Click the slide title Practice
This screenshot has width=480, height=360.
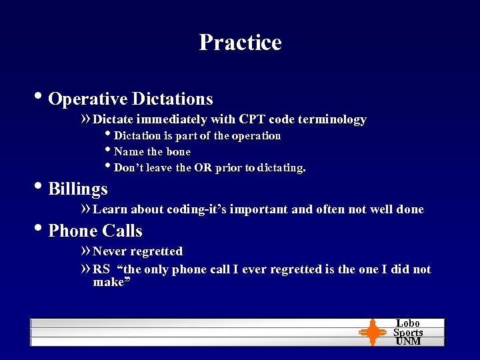click(240, 43)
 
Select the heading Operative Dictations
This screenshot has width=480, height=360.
click(131, 99)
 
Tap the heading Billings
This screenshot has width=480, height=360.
click(78, 189)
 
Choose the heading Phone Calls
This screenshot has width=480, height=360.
click(95, 231)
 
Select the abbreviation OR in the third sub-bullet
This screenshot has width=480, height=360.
click(203, 168)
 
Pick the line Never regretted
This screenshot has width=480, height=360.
click(137, 251)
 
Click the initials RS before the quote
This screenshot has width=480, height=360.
click(101, 269)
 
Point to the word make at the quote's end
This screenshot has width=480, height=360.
click(109, 282)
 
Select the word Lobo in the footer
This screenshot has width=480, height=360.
click(407, 323)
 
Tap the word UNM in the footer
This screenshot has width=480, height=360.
click(407, 341)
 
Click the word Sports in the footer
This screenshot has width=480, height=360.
click(407, 332)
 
